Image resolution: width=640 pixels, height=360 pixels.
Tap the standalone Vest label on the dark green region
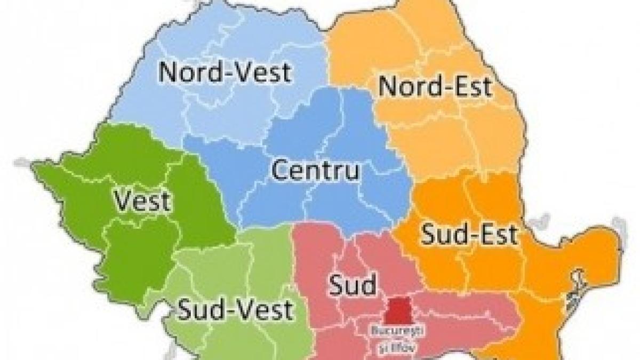click(142, 202)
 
